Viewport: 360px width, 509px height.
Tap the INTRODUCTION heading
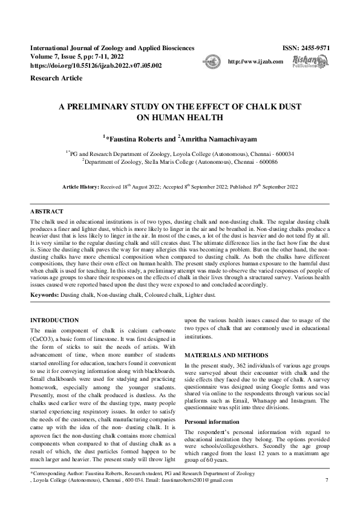[54, 319]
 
